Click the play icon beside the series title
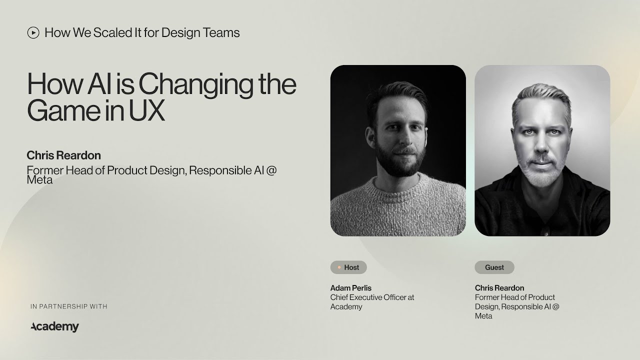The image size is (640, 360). click(x=33, y=33)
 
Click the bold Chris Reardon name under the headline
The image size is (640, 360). click(x=63, y=155)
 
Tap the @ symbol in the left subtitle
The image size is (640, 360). click(x=271, y=170)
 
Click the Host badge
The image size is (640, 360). click(x=348, y=267)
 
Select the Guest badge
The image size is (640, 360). click(x=494, y=267)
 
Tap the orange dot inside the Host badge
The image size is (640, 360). click(x=339, y=267)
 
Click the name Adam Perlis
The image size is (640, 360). click(x=350, y=288)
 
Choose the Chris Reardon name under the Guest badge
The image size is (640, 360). click(x=499, y=288)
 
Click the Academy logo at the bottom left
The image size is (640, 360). click(x=54, y=327)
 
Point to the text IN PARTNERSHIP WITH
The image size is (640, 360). click(x=69, y=306)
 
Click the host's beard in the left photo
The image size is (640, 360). click(x=397, y=162)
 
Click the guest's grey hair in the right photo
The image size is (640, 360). click(x=541, y=97)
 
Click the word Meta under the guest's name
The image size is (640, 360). click(x=483, y=316)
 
